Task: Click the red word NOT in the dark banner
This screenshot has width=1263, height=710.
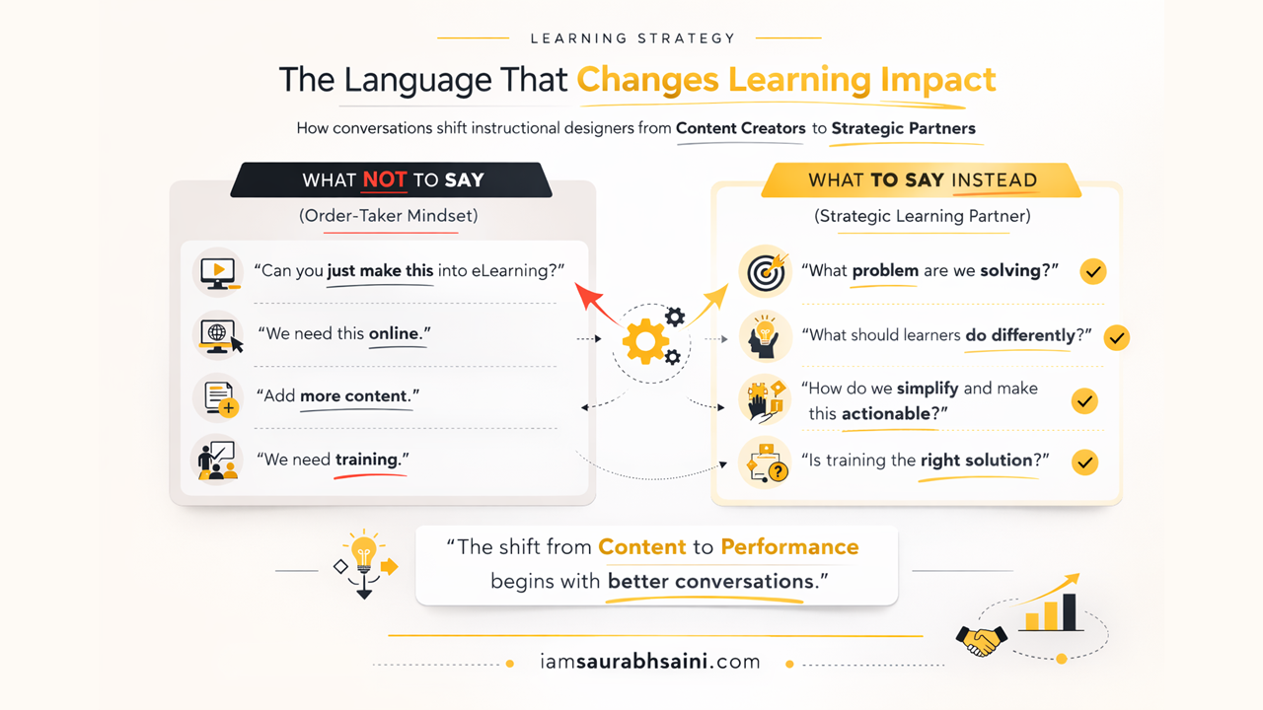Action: pos(384,179)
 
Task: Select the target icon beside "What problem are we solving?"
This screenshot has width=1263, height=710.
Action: pos(765,272)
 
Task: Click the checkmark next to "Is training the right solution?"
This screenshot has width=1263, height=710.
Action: pos(1084,461)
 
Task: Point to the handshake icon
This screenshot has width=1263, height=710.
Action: pos(981,641)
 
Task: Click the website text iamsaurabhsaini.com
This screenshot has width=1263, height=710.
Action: pos(650,662)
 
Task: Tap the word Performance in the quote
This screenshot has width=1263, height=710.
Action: pos(789,546)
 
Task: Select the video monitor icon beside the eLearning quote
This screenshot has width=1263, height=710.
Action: pos(218,271)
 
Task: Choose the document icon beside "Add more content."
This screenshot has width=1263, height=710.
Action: pos(219,397)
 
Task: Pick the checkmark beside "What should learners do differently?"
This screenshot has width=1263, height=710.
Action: pos(1116,337)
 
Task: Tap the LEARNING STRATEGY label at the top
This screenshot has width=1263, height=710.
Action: pos(632,38)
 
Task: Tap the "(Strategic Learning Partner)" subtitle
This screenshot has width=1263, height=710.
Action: pos(923,216)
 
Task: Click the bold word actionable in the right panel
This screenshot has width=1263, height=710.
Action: pos(885,413)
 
